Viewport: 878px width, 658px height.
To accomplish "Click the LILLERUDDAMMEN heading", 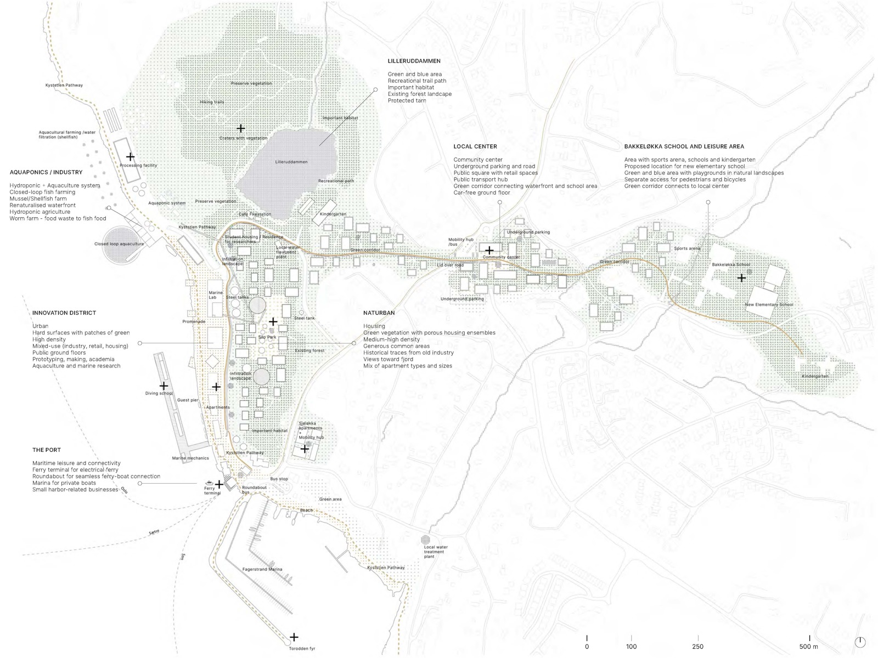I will (x=414, y=61).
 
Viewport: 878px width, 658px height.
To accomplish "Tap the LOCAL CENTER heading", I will (x=475, y=146).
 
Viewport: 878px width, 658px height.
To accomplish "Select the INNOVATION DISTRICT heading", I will (x=64, y=313).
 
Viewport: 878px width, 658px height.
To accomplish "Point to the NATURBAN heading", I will (x=379, y=313).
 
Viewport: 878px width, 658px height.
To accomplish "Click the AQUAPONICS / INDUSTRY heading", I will (x=46, y=172).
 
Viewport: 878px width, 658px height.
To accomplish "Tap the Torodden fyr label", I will (x=302, y=649).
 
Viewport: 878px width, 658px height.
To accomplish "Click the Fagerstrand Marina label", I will (x=262, y=569).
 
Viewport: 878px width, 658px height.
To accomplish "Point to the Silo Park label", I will (x=267, y=337).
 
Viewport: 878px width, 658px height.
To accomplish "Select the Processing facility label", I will (x=138, y=165).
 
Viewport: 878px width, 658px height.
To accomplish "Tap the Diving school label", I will (x=159, y=393).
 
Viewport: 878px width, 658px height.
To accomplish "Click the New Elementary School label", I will (x=769, y=304).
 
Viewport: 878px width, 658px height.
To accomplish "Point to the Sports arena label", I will (x=687, y=248).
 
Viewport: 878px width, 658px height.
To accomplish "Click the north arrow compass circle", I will (x=860, y=642).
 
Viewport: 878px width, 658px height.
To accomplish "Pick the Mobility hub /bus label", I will (x=460, y=242).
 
